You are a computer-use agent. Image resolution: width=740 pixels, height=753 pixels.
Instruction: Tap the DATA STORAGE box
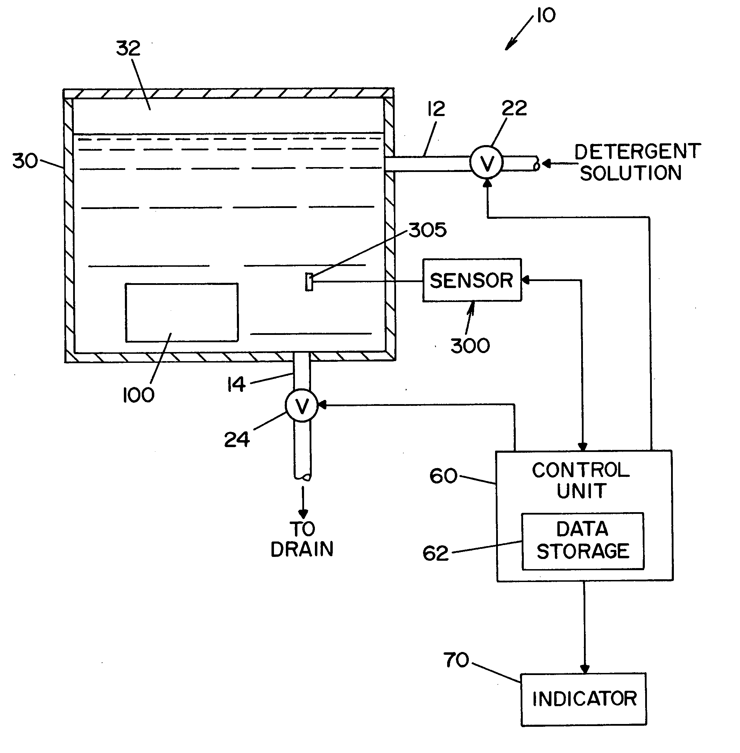click(x=582, y=541)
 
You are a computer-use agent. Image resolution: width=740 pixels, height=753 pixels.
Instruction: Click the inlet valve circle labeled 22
click(x=486, y=163)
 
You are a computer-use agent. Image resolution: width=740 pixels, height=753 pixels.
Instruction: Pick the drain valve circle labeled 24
click(x=302, y=406)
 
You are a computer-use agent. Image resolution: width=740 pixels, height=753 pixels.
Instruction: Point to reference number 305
click(x=428, y=230)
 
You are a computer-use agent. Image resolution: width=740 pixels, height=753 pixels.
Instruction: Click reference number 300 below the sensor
click(x=470, y=345)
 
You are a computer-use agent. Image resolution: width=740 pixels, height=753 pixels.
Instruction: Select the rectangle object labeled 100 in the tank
click(x=182, y=313)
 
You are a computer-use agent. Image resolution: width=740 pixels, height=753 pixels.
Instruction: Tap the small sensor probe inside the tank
click(x=309, y=281)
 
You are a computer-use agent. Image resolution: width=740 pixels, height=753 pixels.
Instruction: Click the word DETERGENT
click(x=637, y=151)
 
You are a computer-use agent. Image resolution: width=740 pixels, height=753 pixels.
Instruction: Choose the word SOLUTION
click(x=630, y=173)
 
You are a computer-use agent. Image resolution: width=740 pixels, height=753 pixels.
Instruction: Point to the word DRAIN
click(x=302, y=549)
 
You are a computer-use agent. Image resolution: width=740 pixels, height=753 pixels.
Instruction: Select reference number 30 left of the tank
click(x=25, y=161)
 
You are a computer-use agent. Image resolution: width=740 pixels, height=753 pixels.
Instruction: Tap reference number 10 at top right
click(x=546, y=15)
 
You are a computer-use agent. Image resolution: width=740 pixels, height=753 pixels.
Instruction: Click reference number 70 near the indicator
click(x=456, y=660)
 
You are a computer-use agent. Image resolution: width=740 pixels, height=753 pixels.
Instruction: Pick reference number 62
click(x=435, y=553)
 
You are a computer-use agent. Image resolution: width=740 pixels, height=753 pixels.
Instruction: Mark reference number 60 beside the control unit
click(x=443, y=476)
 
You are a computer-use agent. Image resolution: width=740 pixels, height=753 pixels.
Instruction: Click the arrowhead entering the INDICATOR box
click(x=585, y=669)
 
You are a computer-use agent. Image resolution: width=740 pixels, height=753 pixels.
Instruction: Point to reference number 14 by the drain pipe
click(x=236, y=385)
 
